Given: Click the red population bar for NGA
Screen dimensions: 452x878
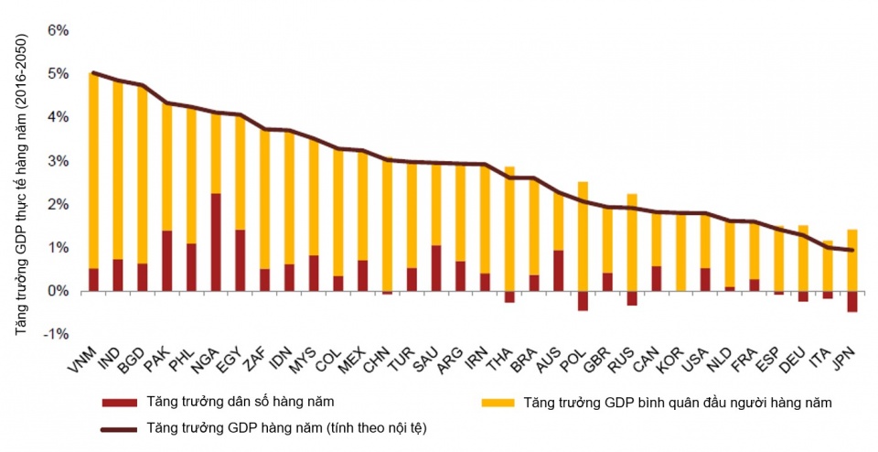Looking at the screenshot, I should point(217,242).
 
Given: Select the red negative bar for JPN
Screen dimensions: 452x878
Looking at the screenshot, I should point(852,301).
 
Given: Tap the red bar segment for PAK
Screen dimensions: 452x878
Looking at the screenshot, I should point(167,261).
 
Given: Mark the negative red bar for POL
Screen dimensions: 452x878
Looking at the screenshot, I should point(583,300).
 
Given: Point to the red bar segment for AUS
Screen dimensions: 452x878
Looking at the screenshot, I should point(558,270).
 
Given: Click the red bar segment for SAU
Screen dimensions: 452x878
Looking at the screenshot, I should point(436,268).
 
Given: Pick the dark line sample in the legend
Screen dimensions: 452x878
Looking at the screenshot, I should point(118,427).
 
